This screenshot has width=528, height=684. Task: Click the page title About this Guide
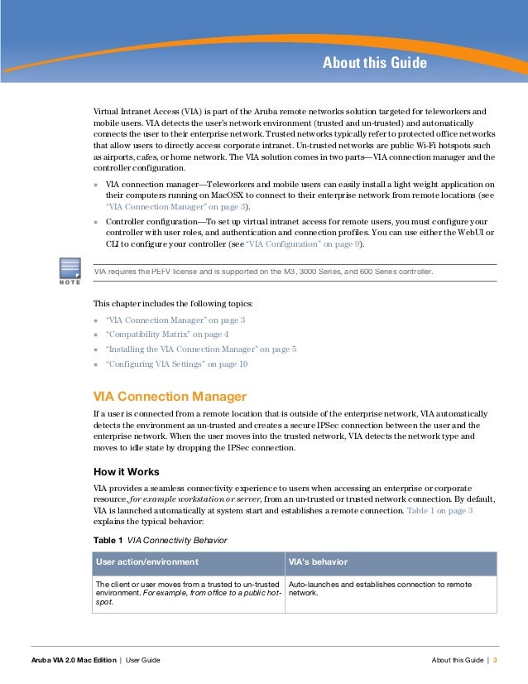(x=374, y=63)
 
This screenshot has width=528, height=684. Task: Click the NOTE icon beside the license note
(x=70, y=272)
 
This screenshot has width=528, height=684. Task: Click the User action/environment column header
(x=147, y=562)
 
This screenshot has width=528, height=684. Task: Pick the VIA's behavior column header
(x=318, y=562)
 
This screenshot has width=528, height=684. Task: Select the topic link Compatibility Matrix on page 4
(x=168, y=334)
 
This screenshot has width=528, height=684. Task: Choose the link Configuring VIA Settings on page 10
(x=176, y=364)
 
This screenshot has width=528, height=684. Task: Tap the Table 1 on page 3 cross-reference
(x=439, y=512)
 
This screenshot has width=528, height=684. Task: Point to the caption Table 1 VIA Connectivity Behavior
(x=160, y=540)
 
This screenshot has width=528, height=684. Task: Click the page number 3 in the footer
(x=495, y=659)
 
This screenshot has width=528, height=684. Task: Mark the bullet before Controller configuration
(x=96, y=223)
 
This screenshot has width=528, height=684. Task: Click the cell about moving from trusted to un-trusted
(x=188, y=593)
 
